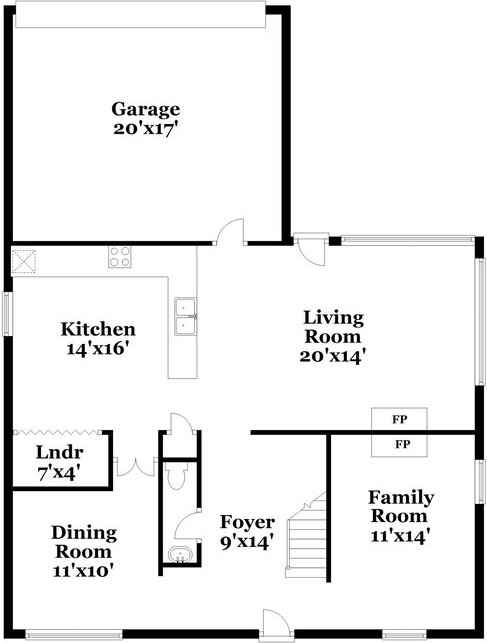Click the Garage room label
click(145, 109)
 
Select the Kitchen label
click(98, 329)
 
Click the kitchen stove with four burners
click(121, 257)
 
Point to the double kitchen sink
click(185, 316)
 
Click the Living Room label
click(334, 327)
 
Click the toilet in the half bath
click(178, 478)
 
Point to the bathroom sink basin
click(180, 556)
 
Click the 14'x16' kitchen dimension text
click(98, 349)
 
